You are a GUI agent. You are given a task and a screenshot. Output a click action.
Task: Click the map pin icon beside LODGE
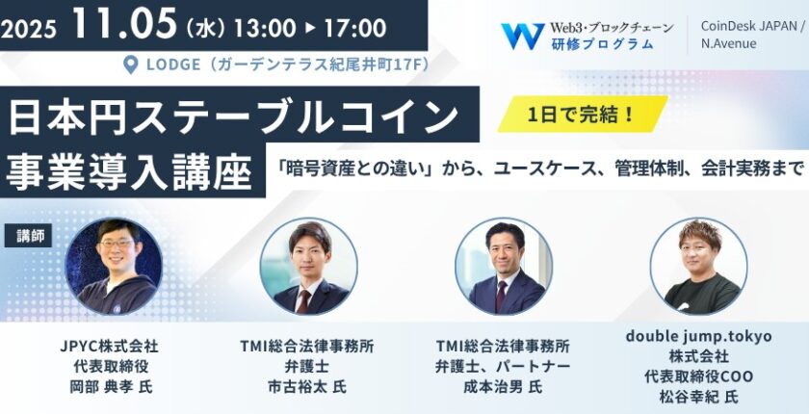tap(132, 65)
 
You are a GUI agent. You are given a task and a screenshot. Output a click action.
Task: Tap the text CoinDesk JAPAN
tap(748, 26)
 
